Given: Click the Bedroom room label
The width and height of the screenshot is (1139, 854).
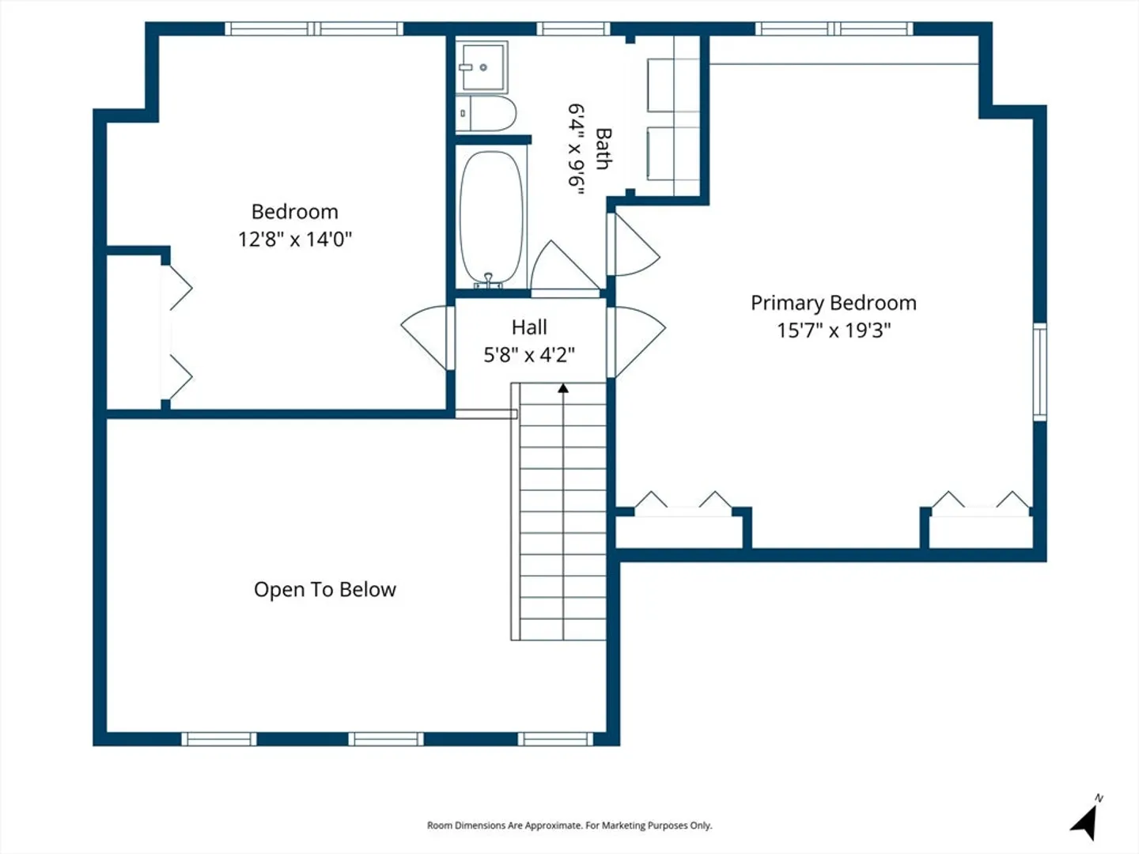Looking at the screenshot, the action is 295,212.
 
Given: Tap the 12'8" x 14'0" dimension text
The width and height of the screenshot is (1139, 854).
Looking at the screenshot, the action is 295,240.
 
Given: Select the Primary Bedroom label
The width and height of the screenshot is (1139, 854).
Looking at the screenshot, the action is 834,304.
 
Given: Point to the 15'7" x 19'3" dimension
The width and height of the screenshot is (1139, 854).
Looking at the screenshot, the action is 834,331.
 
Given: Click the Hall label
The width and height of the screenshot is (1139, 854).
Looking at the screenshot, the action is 529,327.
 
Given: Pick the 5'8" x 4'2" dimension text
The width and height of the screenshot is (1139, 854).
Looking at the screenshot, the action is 529,355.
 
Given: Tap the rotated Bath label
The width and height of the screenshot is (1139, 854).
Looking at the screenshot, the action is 603,149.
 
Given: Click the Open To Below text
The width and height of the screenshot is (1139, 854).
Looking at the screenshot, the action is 325,590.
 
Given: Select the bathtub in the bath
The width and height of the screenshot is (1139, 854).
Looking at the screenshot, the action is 491,217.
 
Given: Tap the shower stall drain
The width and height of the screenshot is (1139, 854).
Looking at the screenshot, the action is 483,67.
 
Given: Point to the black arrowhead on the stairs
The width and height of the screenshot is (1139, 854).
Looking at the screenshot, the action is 563,387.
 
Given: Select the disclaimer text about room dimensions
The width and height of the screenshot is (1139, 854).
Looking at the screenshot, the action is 569,826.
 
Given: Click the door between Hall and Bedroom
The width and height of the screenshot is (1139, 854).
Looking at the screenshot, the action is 426,337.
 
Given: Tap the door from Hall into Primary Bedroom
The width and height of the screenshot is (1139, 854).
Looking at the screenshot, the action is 636,342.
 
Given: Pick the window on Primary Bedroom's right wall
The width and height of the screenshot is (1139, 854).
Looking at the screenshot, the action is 1039,372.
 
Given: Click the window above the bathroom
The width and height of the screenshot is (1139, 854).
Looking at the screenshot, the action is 573,28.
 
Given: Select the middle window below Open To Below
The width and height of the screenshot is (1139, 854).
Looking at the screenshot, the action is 385,739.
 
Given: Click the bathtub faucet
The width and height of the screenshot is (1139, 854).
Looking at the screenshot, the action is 488,281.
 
